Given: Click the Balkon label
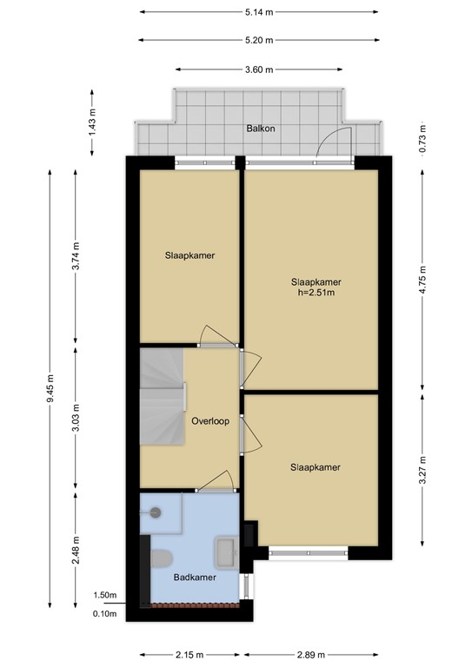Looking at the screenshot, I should click(260, 128).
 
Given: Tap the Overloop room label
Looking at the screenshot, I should click(209, 421).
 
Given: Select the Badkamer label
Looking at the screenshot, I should click(189, 576).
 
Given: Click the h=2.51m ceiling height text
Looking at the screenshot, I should click(316, 293).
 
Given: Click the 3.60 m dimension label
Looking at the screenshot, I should click(257, 69).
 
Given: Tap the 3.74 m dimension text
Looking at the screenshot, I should click(76, 257).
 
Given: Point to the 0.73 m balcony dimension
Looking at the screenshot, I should click(423, 136).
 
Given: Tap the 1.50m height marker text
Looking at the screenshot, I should click(105, 596).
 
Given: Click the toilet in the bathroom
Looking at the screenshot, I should click(162, 557).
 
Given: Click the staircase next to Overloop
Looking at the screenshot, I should click(163, 396).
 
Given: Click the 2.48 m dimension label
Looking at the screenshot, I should click(76, 551).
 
